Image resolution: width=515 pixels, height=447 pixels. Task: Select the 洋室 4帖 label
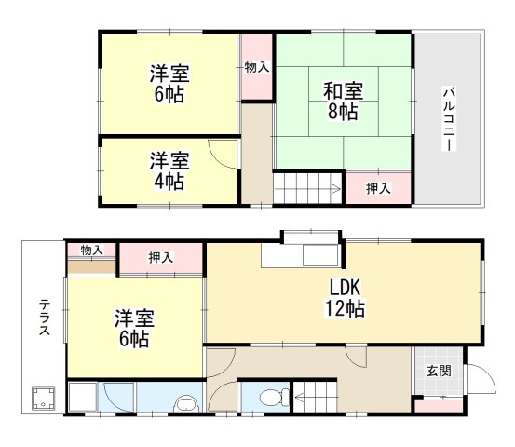tap(169, 170)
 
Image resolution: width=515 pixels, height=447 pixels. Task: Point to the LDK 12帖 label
tap(345, 297)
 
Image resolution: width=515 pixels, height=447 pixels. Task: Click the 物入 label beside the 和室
tap(257, 67)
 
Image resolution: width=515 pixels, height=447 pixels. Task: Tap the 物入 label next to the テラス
tap(91, 251)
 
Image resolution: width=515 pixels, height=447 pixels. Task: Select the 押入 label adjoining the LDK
tap(161, 257)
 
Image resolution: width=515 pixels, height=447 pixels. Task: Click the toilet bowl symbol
tap(271, 398)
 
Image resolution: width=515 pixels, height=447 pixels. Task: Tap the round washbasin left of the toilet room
tap(187, 403)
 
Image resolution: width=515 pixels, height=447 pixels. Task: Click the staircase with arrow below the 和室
tap(307, 186)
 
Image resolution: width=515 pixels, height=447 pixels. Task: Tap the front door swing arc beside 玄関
tap(478, 379)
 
